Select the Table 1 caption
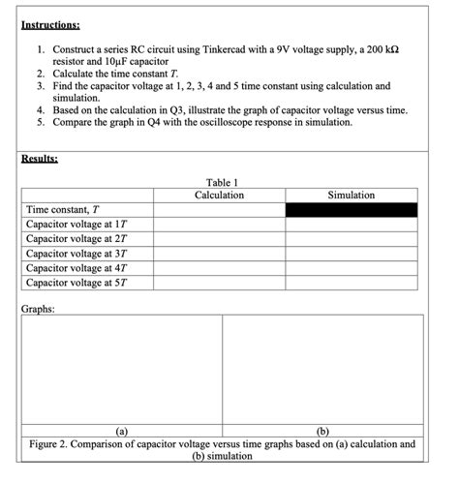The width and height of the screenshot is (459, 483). pyautogui.click(x=222, y=182)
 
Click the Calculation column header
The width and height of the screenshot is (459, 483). pyautogui.click(x=219, y=196)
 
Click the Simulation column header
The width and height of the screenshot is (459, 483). pyautogui.click(x=351, y=196)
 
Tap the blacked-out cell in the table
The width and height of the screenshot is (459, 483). pyautogui.click(x=351, y=210)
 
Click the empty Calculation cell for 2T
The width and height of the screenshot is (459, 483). pyautogui.click(x=219, y=239)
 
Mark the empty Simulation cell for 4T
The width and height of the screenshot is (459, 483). pyautogui.click(x=351, y=268)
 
